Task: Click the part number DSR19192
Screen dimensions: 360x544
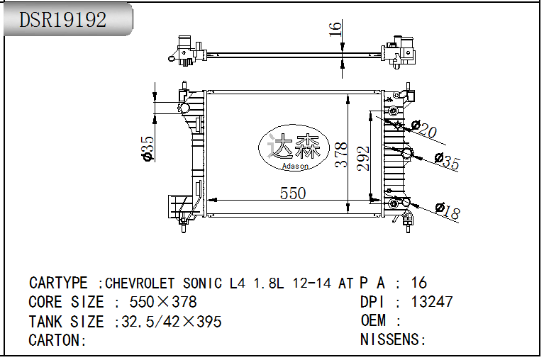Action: coord(62,20)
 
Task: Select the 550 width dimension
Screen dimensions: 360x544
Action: coord(292,193)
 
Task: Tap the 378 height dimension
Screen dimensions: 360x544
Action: coord(341,155)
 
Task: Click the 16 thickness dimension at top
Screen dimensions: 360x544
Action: coord(335,28)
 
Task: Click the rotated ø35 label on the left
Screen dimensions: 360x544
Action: coord(148,149)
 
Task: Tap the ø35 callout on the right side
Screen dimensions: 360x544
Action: coord(447,161)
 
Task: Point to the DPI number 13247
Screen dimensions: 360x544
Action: coord(431,302)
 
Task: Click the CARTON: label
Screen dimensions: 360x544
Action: coord(57,340)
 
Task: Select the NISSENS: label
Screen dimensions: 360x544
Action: coord(393,340)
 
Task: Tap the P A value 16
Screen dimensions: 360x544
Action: coord(420,283)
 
